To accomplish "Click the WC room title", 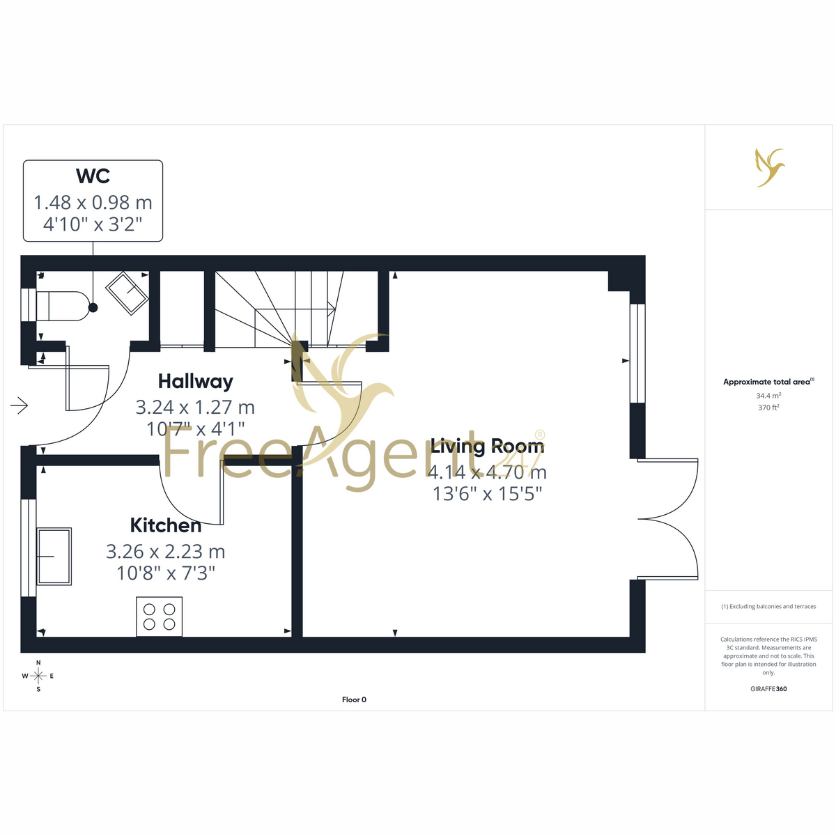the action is [93, 176].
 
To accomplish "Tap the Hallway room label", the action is [195, 381].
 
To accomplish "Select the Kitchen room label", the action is [166, 525].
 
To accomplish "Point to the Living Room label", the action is [487, 446].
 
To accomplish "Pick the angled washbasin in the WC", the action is [127, 293].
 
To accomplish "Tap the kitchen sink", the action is [54, 556].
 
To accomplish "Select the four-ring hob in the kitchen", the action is [160, 617].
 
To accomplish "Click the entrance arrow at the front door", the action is [19, 405].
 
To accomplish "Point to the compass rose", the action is [38, 676].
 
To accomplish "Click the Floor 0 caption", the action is [354, 699].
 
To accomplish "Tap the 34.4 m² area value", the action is [768, 396].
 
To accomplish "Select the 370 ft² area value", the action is [768, 408].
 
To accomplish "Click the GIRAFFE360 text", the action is [768, 688].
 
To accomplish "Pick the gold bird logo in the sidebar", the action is [770, 167].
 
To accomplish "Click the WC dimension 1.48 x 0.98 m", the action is [93, 202].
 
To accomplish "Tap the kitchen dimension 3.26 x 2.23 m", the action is [166, 551].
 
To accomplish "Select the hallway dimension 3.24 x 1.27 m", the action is [195, 407].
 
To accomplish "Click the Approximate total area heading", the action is [768, 382].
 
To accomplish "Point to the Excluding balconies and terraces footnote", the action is [768, 607].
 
